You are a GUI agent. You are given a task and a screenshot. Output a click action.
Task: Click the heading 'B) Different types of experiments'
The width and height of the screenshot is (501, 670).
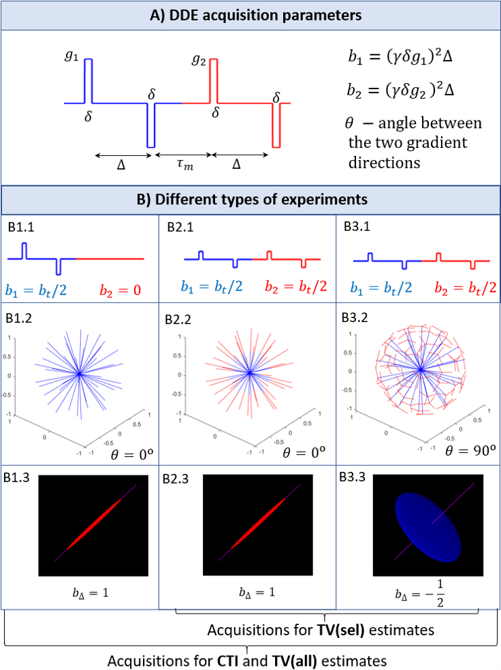pyautogui.click(x=250, y=200)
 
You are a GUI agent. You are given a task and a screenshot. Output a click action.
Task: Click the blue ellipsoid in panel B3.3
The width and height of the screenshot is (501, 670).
pyautogui.click(x=420, y=528)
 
